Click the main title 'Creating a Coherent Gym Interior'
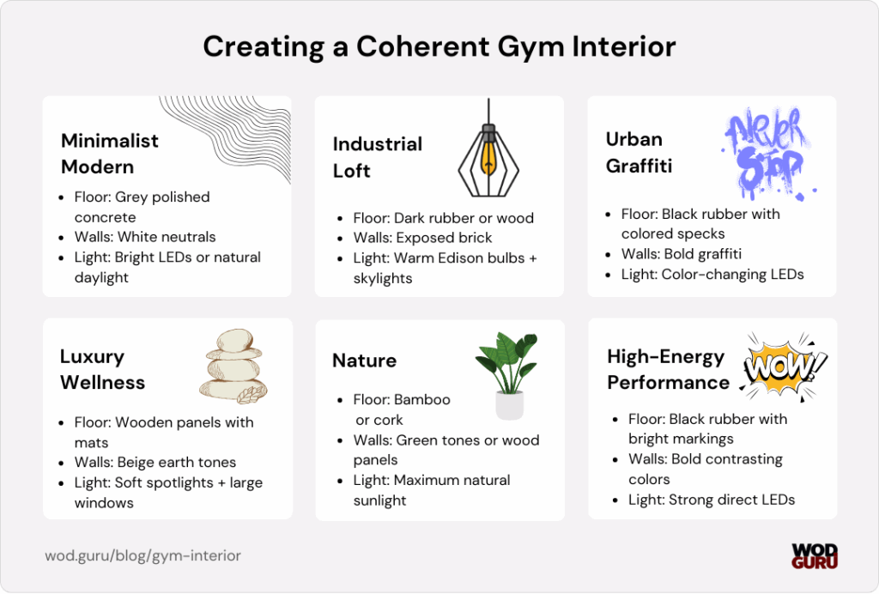click(x=439, y=46)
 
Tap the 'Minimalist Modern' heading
click(x=110, y=153)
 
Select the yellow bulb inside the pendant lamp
click(x=488, y=158)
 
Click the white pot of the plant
click(x=509, y=404)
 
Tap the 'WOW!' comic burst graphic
click(x=783, y=368)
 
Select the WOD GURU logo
click(x=814, y=555)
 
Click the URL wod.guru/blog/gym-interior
click(x=142, y=555)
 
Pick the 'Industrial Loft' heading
click(x=378, y=157)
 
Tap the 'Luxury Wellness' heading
click(x=102, y=369)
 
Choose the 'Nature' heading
click(x=364, y=361)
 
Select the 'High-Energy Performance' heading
click(x=667, y=369)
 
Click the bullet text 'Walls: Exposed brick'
click(x=422, y=238)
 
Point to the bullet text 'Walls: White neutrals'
click(x=145, y=237)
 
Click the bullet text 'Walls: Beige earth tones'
click(x=155, y=463)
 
